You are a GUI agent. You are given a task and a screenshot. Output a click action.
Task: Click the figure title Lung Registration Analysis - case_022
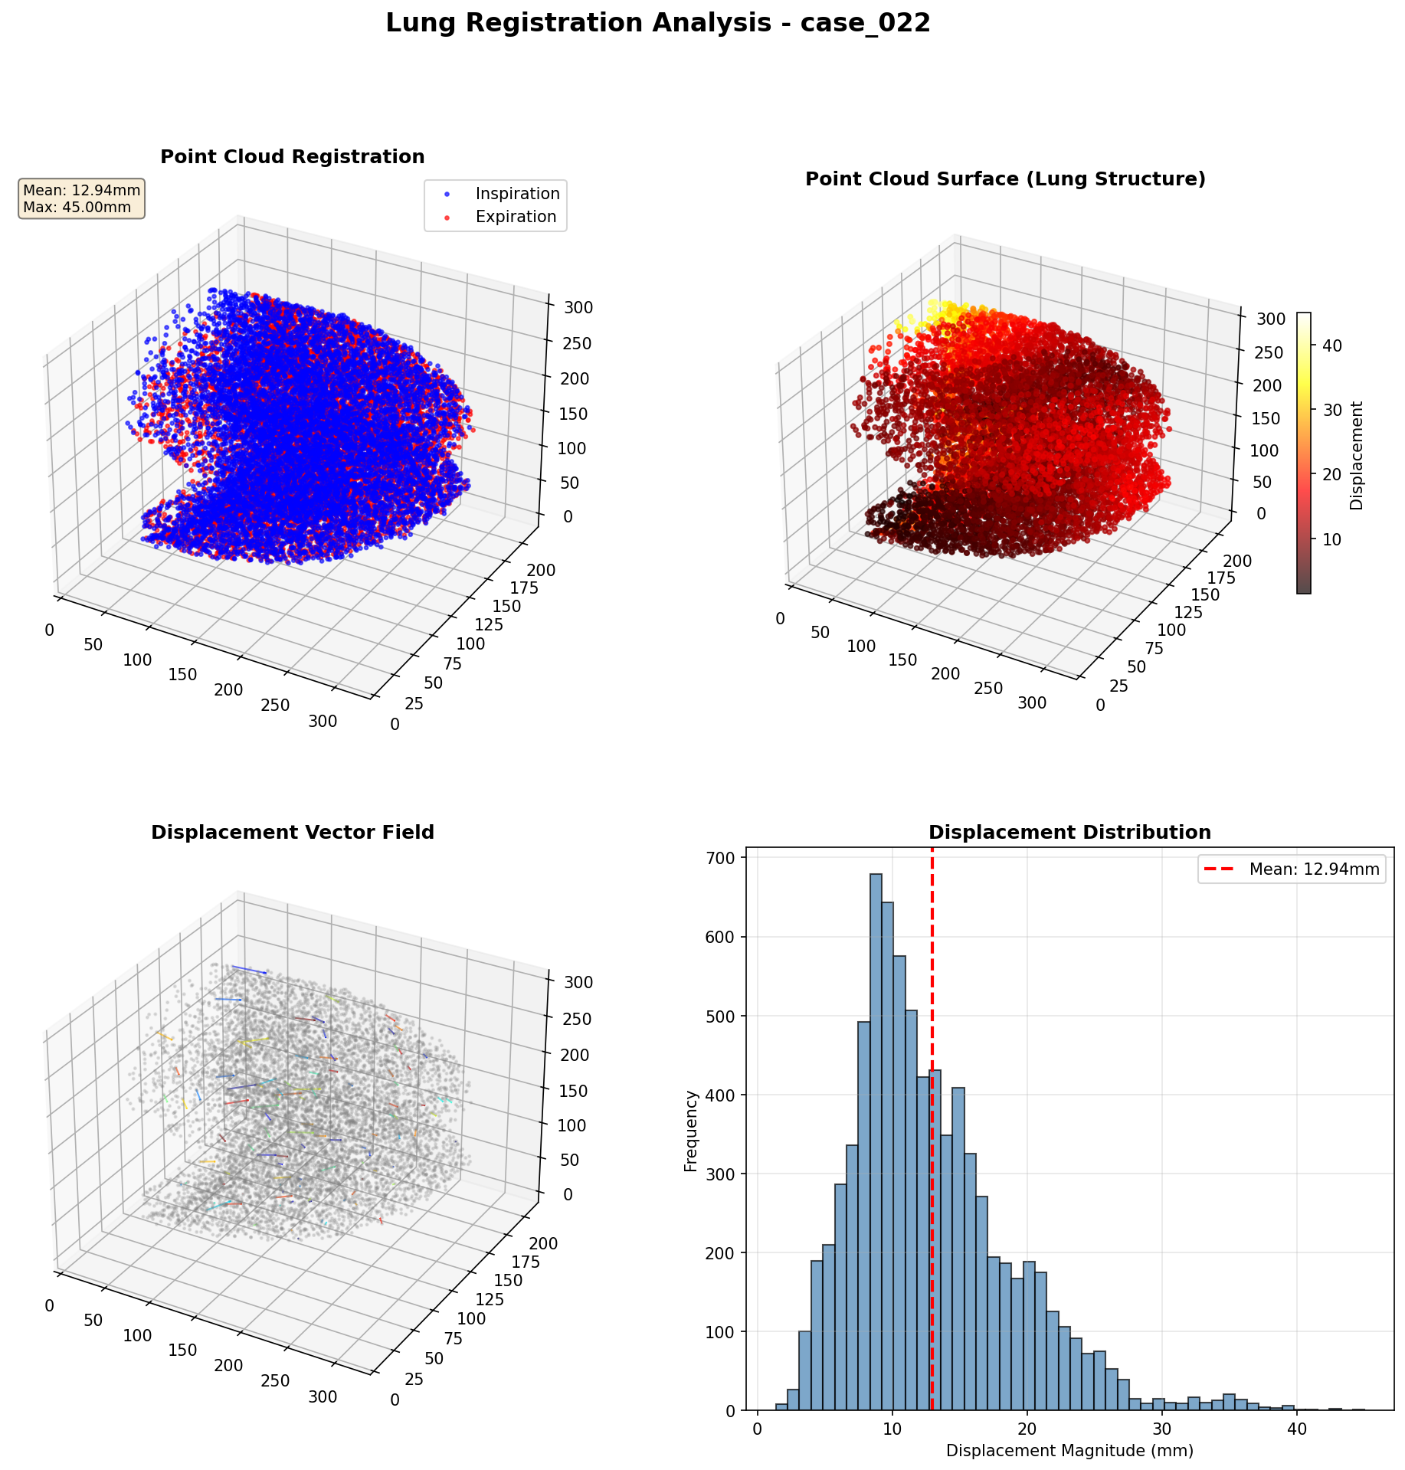657,24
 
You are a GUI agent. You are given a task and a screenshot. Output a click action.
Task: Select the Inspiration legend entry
517,194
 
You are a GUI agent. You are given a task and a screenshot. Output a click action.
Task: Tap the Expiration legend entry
516,217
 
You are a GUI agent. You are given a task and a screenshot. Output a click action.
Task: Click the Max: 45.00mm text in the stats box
77,208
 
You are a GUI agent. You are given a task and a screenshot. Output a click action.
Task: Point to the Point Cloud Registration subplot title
292,157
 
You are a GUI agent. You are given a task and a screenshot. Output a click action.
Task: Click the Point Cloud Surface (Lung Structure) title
1005,179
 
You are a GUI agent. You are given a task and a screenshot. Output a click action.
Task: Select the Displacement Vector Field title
292,833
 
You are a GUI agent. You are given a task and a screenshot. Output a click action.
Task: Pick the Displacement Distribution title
1069,833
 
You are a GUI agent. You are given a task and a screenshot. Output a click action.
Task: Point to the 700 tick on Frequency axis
722,858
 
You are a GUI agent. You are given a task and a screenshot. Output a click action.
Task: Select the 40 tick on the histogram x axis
1296,1430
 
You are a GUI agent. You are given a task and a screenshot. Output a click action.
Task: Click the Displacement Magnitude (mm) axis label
1069,1451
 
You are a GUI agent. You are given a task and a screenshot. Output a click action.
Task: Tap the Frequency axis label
691,1131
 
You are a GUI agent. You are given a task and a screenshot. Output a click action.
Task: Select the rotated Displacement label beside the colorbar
1357,455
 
